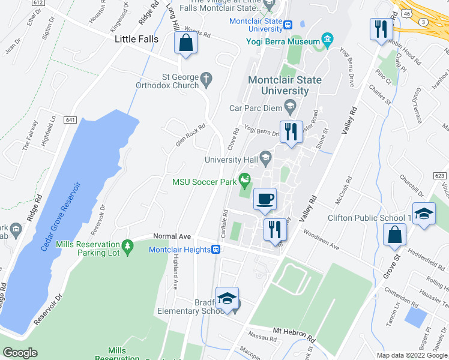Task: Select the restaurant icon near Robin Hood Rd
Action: tap(380, 29)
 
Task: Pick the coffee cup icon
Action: tap(265, 199)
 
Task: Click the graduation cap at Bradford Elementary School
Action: tap(228, 299)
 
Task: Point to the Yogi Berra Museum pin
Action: tap(327, 41)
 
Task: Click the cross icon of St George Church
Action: tap(206, 79)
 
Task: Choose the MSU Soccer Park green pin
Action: tap(244, 179)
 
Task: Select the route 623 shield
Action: tap(440, 176)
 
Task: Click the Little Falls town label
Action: tap(137, 39)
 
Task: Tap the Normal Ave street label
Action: tap(171, 236)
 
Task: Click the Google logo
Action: tap(20, 353)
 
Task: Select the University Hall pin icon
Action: tap(265, 157)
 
